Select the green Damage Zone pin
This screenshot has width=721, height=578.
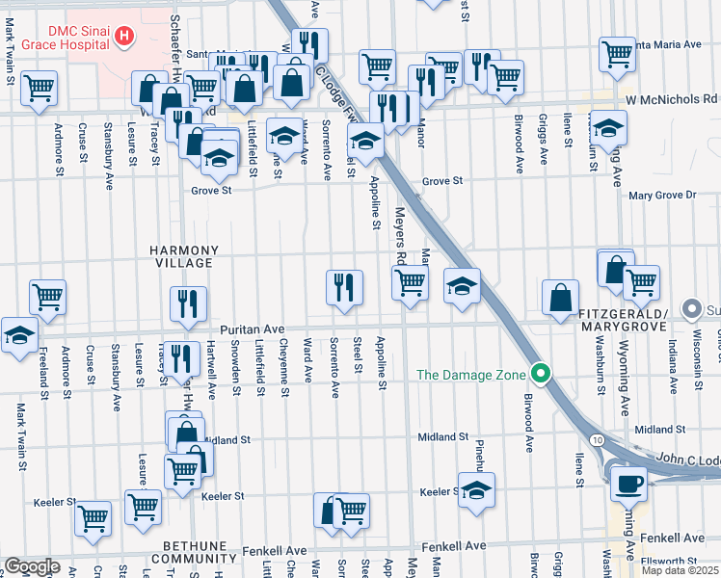[x=542, y=374]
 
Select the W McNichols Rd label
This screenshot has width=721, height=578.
[x=672, y=98]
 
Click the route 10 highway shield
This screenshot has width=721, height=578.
[x=598, y=439]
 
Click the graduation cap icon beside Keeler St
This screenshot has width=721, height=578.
[x=476, y=489]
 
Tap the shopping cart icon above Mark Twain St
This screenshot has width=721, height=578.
[x=40, y=89]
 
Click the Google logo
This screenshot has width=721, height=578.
[x=32, y=566]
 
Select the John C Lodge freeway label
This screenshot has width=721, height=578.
[x=686, y=460]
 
